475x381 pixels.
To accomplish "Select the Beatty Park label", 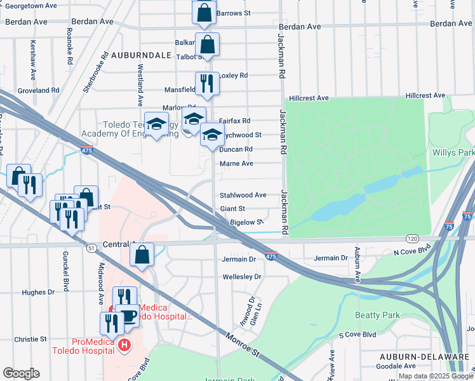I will pos(378,315).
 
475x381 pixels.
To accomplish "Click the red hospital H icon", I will pos(125,345).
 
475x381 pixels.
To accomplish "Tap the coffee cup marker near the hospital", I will pos(129,315).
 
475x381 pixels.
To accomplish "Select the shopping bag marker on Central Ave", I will pos(142,255).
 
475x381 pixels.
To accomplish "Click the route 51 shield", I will pos(92,248).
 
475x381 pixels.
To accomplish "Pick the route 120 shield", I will pos(412,238).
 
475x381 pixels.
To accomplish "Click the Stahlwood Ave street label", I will pos(243,195).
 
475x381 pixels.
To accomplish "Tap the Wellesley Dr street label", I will pos(241,277).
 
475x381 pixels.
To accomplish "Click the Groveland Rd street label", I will pos(38,91).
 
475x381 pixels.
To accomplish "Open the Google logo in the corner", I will pos(21,373).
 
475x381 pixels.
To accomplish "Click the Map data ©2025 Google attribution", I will pos(436,376).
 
